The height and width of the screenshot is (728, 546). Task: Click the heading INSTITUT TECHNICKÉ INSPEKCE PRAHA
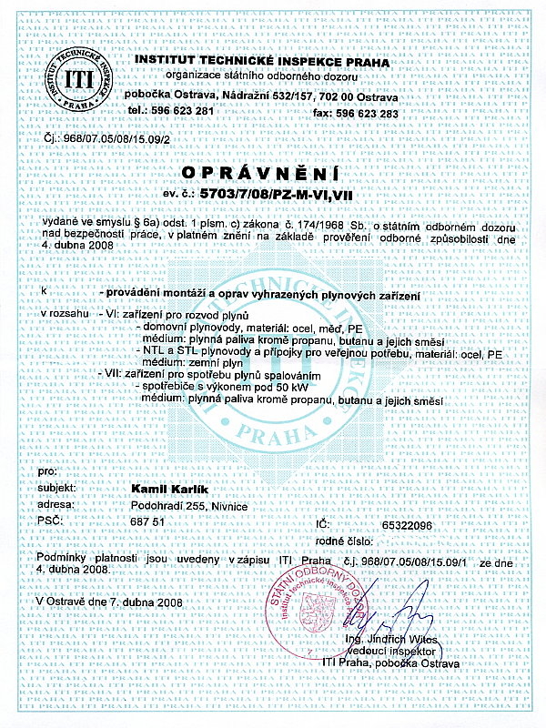coord(260,62)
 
